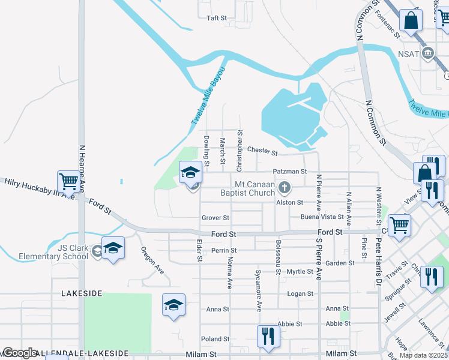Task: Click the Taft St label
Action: pyautogui.click(x=216, y=19)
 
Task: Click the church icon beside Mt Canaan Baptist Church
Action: pyautogui.click(x=285, y=189)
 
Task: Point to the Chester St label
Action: pyautogui.click(x=262, y=151)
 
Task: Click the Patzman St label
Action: pyautogui.click(x=290, y=172)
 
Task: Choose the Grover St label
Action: pyautogui.click(x=215, y=218)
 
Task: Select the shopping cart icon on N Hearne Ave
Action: pyautogui.click(x=68, y=180)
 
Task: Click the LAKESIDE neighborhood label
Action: pyautogui.click(x=82, y=293)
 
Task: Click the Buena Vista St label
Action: pyautogui.click(x=322, y=217)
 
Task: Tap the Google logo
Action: pyautogui.click(x=20, y=353)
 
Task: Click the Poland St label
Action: pyautogui.click(x=215, y=339)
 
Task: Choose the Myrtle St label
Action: pyautogui.click(x=300, y=272)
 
